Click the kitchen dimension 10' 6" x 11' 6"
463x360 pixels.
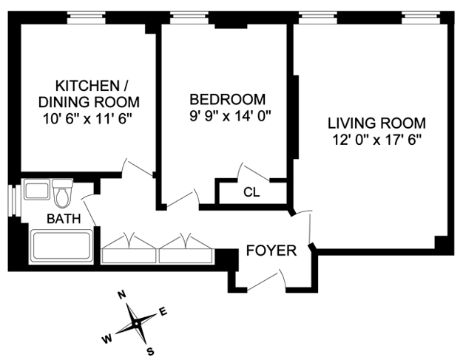(87, 116)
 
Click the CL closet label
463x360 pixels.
(251, 192)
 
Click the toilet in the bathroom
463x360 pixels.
(63, 194)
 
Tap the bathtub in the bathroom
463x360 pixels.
(62, 245)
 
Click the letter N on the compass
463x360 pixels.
(122, 296)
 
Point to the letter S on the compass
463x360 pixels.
(150, 350)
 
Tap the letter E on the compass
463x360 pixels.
(163, 311)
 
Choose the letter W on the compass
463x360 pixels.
(107, 339)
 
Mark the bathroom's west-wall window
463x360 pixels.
(12, 202)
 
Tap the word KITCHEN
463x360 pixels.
(84, 84)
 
